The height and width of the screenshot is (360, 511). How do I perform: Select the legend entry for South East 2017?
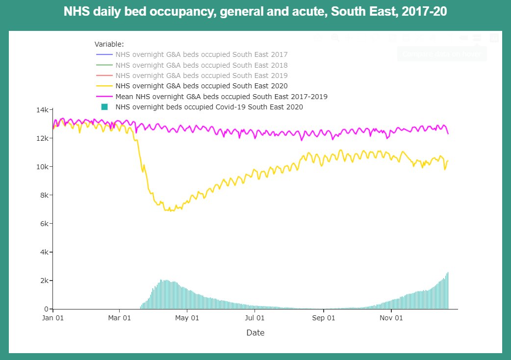[201, 54]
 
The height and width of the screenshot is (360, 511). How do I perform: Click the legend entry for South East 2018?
[201, 65]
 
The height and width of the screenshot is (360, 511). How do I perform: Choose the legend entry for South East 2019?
[201, 76]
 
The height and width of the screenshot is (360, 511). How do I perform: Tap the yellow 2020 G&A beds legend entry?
[201, 86]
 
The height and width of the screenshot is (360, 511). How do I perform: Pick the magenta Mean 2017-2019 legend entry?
[221, 97]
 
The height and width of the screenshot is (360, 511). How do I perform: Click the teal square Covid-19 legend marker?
[104, 107]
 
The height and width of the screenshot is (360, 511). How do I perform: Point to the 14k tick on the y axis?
[42, 110]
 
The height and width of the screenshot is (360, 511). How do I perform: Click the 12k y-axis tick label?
[42, 138]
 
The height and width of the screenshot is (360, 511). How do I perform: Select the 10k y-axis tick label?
[42, 167]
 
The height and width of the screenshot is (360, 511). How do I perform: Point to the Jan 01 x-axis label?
[53, 318]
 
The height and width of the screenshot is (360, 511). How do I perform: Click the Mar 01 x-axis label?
[120, 318]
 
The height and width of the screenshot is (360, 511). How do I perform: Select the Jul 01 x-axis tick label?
[255, 318]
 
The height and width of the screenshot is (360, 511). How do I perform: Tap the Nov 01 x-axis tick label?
[391, 318]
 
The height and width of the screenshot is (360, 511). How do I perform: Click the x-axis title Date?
[255, 333]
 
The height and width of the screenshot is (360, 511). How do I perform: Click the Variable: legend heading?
[109, 44]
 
